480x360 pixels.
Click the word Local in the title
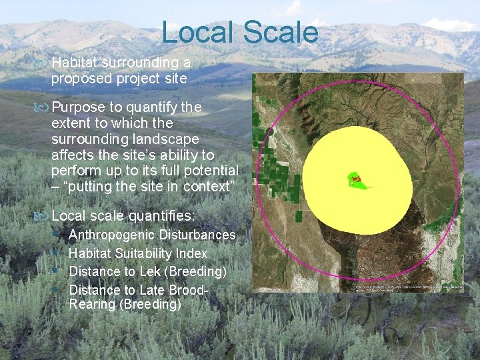198,32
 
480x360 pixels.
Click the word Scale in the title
280,32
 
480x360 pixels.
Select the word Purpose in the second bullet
79,107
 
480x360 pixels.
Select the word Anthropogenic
112,235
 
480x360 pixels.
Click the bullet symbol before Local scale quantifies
43,216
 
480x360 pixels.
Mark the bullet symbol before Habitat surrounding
43,63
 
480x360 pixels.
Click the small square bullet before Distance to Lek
61,271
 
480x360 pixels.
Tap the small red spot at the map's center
356,179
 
